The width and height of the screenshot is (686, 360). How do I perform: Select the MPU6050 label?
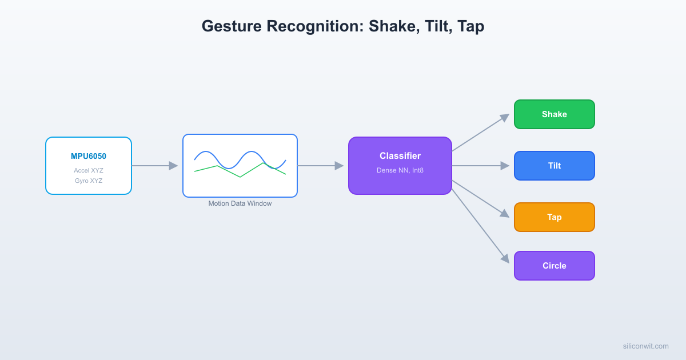click(89, 156)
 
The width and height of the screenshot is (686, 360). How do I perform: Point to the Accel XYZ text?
click(89, 170)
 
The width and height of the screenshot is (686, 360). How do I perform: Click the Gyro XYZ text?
click(89, 181)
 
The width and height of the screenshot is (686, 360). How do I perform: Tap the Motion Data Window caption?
click(240, 203)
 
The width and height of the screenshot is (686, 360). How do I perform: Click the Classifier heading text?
click(400, 156)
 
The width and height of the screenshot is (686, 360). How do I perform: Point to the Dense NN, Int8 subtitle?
click(400, 170)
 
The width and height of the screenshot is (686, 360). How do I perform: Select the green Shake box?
click(555, 114)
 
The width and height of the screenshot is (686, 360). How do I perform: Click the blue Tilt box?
click(555, 166)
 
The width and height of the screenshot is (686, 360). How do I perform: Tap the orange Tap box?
click(555, 217)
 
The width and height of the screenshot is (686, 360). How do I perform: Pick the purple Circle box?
click(555, 266)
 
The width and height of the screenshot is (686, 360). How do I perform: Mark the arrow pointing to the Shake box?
click(480, 133)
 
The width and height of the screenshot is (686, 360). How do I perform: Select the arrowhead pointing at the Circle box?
click(505, 259)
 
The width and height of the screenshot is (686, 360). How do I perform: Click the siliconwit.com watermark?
click(645, 346)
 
